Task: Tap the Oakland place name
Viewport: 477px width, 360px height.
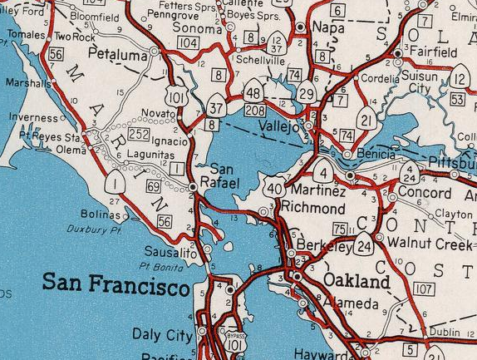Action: (357, 281)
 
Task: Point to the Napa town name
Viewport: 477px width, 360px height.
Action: (327, 27)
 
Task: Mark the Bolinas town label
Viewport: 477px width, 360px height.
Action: (101, 215)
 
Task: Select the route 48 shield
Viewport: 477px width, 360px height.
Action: (255, 92)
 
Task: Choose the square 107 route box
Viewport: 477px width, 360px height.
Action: (423, 289)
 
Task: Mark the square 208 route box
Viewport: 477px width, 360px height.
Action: (256, 110)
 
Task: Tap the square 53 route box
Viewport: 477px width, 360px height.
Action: (456, 99)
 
